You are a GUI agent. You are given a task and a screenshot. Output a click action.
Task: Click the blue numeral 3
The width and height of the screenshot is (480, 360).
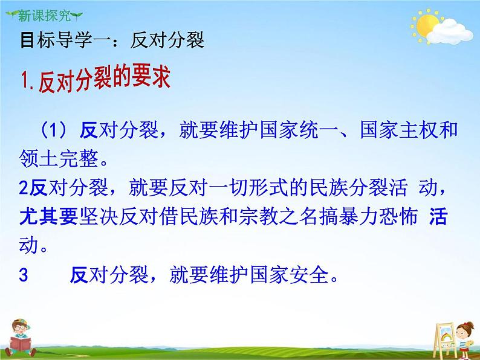click(x=24, y=275)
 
